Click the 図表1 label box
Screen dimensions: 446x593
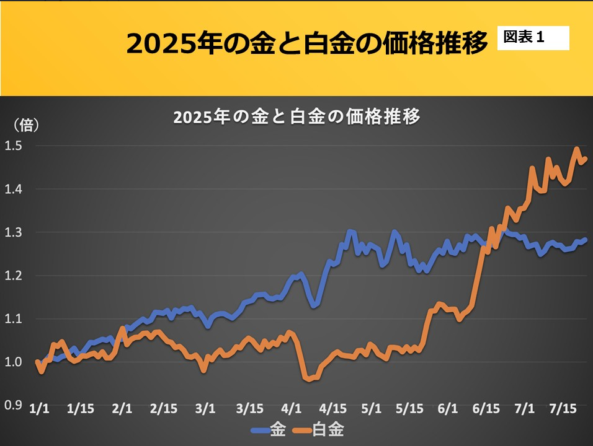click(x=533, y=38)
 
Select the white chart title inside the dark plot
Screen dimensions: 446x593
click(x=297, y=117)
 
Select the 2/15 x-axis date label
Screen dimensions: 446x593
click(x=164, y=409)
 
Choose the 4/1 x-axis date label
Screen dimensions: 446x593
click(x=291, y=409)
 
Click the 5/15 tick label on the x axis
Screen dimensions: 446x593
click(x=409, y=409)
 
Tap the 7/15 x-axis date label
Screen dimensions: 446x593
click(x=564, y=409)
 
